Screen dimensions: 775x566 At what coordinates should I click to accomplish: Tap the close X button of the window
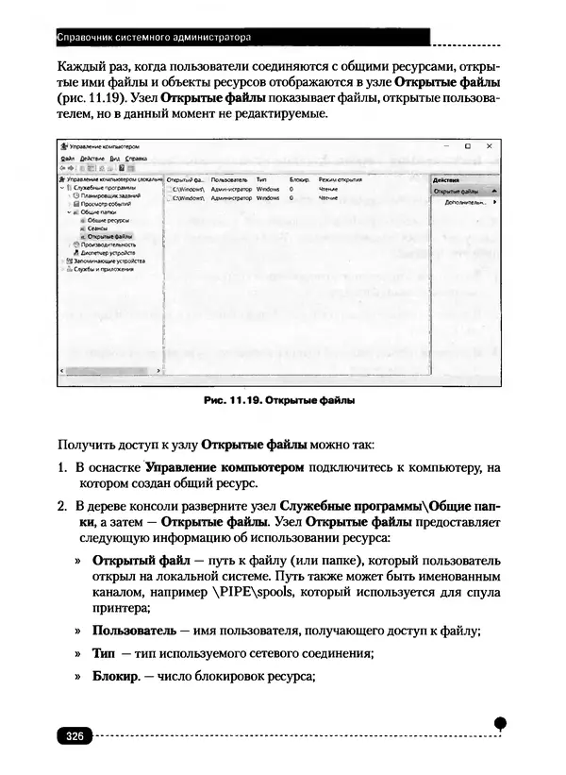488,146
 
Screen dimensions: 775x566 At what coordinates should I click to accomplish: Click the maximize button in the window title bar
467,146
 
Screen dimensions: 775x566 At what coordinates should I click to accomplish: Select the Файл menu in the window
67,158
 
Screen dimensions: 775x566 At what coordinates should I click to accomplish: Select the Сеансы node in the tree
98,227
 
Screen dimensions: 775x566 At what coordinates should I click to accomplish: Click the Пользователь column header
229,178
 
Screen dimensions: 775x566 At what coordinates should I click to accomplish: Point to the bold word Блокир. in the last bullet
115,676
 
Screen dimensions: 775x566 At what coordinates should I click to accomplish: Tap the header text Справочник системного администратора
154,39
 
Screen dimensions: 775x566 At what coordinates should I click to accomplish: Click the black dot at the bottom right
501,723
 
